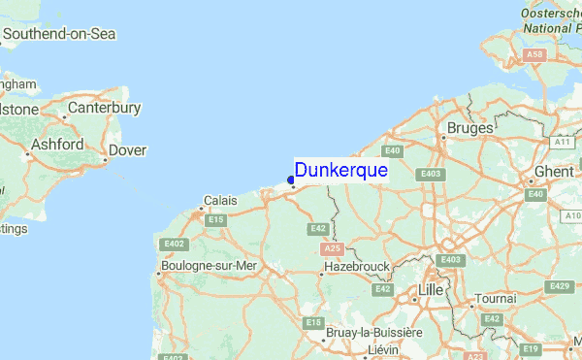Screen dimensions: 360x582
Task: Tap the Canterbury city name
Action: coord(104,108)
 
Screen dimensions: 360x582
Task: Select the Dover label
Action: coord(127,150)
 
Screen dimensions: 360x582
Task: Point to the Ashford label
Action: coord(56,144)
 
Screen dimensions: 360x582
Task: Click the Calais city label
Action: coord(220,201)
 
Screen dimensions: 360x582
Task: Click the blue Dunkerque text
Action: coord(341,171)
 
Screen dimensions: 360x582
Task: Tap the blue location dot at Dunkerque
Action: coord(291,180)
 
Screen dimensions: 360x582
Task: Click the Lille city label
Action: coord(430,290)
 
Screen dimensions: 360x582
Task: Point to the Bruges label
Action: coord(469,127)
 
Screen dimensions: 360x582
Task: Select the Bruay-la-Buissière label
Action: coord(372,332)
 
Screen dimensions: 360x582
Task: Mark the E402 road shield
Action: coord(175,245)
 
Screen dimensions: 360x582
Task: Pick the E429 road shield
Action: coord(559,285)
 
